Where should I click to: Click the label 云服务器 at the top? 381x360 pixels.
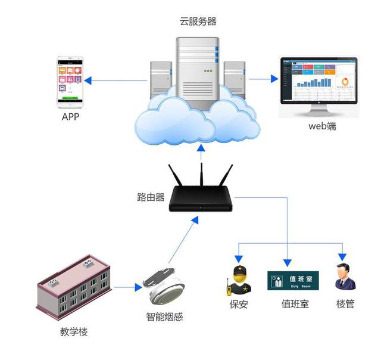click(x=198, y=21)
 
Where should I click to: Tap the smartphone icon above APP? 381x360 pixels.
click(x=70, y=82)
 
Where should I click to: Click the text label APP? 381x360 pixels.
click(x=70, y=117)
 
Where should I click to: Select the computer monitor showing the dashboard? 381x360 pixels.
click(x=318, y=83)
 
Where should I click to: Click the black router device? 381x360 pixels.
click(x=201, y=197)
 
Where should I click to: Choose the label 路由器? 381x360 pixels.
click(x=151, y=197)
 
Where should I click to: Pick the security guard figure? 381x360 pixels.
click(x=239, y=280)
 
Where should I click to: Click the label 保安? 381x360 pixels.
click(x=239, y=305)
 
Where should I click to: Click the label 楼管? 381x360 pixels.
click(x=345, y=305)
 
